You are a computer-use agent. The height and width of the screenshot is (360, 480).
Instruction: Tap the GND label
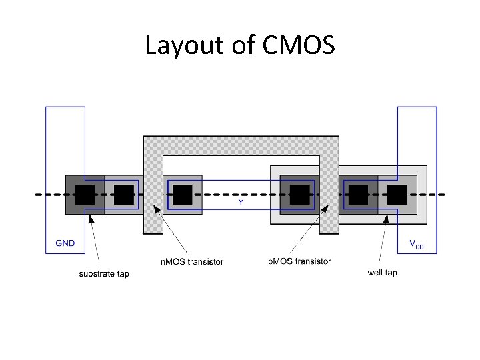(65, 243)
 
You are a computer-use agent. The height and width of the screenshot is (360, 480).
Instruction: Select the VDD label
(416, 245)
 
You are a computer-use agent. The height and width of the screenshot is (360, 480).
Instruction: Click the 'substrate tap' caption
(104, 274)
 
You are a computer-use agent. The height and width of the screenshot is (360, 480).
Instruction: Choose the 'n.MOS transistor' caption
(192, 262)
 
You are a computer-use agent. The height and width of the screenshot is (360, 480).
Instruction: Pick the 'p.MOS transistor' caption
(299, 261)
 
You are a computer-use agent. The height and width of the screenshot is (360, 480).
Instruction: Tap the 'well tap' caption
(382, 273)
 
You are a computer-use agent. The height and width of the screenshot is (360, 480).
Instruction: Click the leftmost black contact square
(85, 195)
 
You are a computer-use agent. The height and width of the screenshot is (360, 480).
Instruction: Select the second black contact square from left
(123, 195)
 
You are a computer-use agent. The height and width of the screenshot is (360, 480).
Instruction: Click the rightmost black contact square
(397, 195)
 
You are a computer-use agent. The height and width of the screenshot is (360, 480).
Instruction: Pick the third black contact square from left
(182, 195)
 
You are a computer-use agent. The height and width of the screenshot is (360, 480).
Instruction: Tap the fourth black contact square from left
(299, 195)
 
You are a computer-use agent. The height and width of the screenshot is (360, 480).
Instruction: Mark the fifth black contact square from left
(358, 195)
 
